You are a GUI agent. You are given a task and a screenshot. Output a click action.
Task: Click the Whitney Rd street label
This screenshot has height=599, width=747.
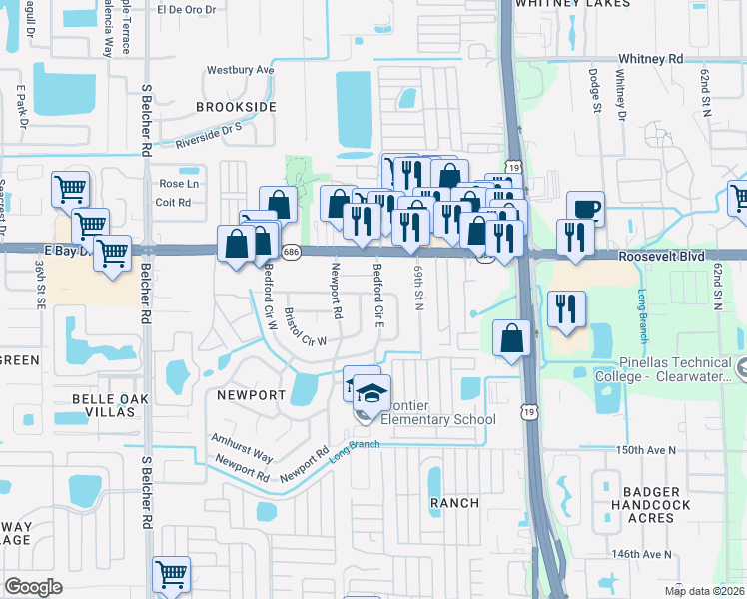pyautogui.click(x=650, y=59)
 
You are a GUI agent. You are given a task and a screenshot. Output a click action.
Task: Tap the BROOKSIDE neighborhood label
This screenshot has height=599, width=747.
pyautogui.click(x=235, y=106)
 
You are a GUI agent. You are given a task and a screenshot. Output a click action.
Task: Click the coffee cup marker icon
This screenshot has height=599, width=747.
pyautogui.click(x=586, y=209)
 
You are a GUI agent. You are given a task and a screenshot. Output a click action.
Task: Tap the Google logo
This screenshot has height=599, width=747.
pyautogui.click(x=33, y=586)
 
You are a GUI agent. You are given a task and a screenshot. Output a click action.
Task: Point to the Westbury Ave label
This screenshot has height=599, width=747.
pyautogui.click(x=240, y=71)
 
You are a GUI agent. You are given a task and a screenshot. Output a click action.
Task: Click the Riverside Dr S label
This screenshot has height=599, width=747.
pyautogui.click(x=210, y=136)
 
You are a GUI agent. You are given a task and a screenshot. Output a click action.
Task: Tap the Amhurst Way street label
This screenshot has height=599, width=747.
pyautogui.click(x=242, y=446)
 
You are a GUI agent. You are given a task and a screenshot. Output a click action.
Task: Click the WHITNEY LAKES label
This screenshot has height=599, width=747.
pyautogui.click(x=572, y=4)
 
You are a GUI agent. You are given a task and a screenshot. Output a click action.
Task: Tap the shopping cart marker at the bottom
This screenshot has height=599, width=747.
pyautogui.click(x=171, y=574)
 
